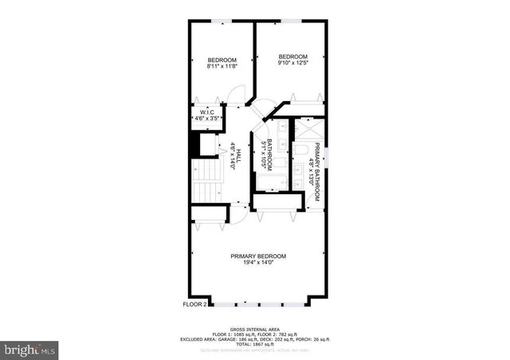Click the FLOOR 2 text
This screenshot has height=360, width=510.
(194, 304)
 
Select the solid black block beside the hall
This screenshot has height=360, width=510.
(193, 144)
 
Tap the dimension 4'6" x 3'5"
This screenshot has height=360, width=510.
(206, 119)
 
